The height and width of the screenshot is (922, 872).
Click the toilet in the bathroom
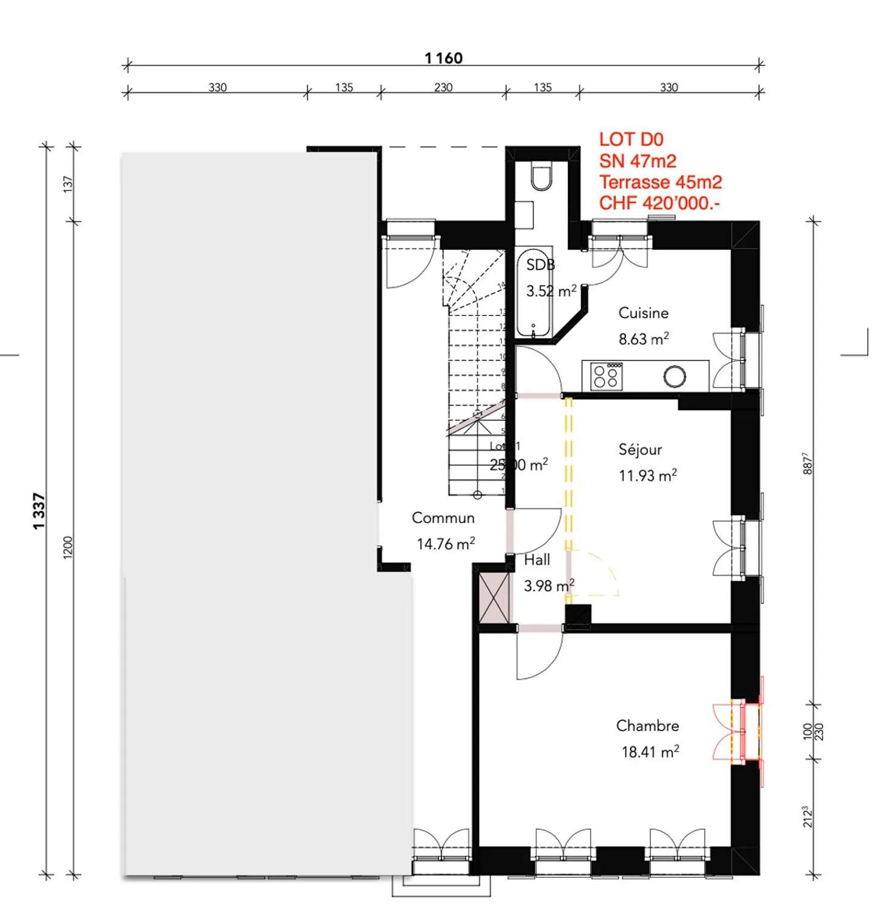[541, 176]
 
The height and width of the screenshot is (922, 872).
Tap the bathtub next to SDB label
[533, 293]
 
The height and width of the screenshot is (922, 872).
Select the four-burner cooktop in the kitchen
[606, 376]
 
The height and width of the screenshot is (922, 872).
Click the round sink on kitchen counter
[674, 376]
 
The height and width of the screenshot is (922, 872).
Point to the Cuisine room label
[643, 313]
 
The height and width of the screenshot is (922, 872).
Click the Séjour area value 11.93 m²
[647, 476]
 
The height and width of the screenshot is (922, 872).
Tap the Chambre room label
[647, 726]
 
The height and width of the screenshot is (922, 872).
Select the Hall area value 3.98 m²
[549, 586]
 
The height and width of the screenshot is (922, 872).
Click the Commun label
[443, 518]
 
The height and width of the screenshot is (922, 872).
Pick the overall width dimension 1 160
[443, 58]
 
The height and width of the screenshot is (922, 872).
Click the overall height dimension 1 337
[39, 511]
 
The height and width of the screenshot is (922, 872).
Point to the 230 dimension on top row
[443, 87]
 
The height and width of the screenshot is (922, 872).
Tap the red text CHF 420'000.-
[659, 204]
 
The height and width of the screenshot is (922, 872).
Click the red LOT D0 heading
[631, 139]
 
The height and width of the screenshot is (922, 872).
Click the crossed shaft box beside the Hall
[494, 597]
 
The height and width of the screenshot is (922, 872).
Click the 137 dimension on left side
[68, 184]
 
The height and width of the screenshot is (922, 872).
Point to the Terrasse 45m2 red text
[660, 182]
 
